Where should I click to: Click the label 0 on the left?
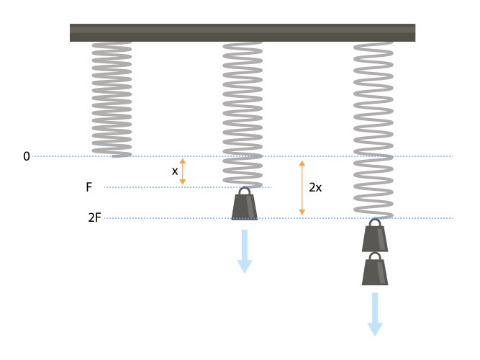point(27,156)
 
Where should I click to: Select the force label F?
point(89,187)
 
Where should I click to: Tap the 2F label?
point(94,217)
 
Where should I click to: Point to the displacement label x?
point(175,171)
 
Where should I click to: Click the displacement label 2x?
point(315,187)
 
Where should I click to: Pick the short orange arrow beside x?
point(183,171)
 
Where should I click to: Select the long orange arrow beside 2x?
point(302,187)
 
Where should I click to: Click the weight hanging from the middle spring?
point(245,207)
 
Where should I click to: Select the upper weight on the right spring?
point(374,238)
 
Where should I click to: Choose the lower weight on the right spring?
point(374,271)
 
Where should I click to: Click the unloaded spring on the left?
point(112,99)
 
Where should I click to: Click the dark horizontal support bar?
point(243,32)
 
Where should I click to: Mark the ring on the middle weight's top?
point(245,192)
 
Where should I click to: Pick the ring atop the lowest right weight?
point(374,256)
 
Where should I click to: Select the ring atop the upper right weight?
point(374,222)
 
